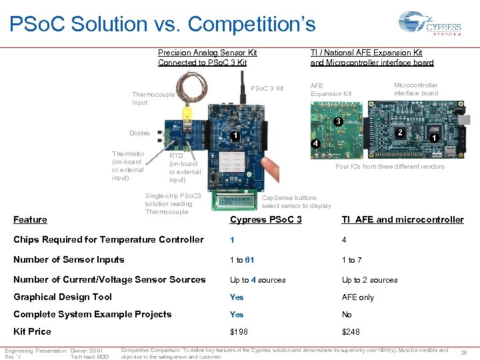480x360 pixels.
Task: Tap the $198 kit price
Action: (x=237, y=331)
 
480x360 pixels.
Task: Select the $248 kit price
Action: (x=351, y=331)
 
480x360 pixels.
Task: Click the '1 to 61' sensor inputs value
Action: (x=242, y=260)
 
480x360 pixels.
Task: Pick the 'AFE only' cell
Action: (x=358, y=297)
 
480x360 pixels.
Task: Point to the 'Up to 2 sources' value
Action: (x=369, y=280)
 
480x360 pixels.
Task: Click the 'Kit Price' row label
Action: (x=32, y=331)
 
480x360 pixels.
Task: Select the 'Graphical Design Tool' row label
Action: (x=63, y=297)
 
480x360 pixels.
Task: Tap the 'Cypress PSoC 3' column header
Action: (x=265, y=219)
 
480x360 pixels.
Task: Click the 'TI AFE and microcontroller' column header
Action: (x=403, y=219)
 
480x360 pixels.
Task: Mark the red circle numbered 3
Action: (x=338, y=122)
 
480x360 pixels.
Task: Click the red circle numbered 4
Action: (x=315, y=145)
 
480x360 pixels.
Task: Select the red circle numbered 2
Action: (x=399, y=133)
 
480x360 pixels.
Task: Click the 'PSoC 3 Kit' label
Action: (x=267, y=89)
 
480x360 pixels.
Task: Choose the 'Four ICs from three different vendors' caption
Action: (x=389, y=167)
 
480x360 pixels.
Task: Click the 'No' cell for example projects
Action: (x=347, y=315)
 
